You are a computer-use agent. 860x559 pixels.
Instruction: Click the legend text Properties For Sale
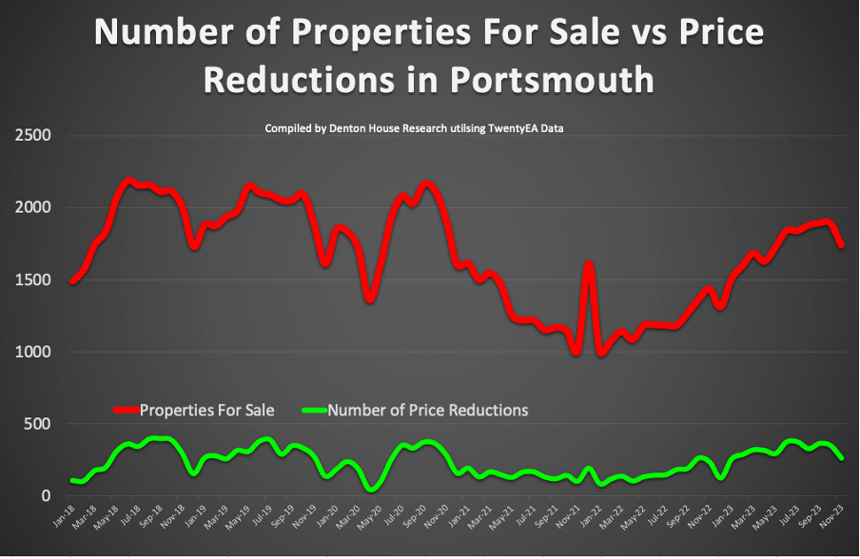pos(206,411)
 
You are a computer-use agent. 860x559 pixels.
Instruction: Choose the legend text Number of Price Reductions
pos(428,411)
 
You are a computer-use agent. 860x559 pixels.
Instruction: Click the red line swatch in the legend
pos(126,411)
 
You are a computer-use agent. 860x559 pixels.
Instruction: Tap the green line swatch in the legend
pos(313,411)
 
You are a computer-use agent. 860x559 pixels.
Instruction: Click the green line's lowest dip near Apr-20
pos(372,489)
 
